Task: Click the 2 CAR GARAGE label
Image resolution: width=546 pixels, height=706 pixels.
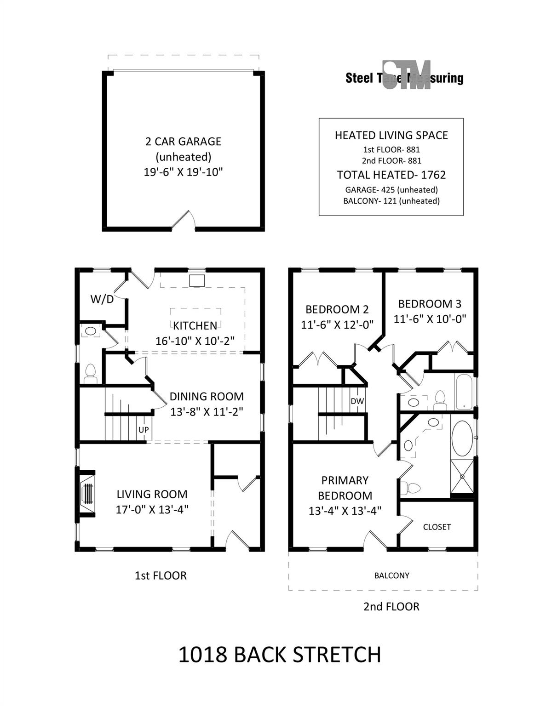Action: coord(183,142)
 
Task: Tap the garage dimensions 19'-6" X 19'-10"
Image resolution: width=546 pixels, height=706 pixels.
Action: coord(183,172)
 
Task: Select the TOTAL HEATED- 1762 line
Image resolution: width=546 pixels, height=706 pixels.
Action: coord(391,175)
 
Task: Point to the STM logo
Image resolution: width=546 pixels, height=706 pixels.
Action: coord(407,75)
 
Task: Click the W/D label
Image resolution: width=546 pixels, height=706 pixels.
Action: coord(102,299)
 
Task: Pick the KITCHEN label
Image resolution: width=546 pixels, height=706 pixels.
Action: coord(195,325)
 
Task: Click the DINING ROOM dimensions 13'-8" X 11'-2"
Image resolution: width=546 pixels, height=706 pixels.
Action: coord(207,412)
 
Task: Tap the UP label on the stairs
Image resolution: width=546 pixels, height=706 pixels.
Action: coord(144,429)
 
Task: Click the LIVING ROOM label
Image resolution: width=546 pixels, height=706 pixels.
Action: coord(152,495)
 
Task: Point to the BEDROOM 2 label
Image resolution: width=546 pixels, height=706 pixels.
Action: coord(337,309)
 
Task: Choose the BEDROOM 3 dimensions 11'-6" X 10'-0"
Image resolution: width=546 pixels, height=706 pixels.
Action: coord(430,319)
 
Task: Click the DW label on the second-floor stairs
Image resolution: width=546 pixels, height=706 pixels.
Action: coord(357,401)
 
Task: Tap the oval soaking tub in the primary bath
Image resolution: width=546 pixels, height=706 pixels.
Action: coord(462,439)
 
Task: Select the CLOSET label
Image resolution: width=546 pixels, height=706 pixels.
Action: coord(437,527)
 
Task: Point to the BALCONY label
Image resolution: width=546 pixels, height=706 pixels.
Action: coord(391,575)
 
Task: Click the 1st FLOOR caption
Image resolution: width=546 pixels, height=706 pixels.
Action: coord(161,576)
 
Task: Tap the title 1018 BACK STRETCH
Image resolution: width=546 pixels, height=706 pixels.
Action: coord(280,655)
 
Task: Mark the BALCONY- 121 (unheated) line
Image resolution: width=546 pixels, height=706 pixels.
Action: coord(391,201)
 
